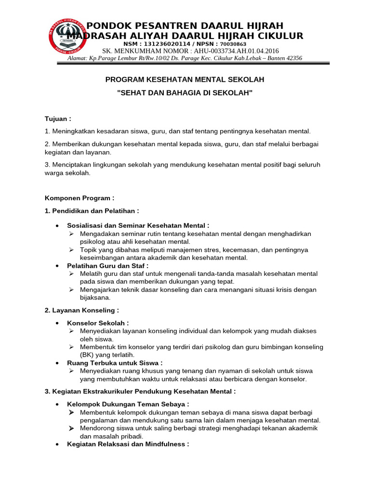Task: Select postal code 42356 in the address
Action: coord(293,58)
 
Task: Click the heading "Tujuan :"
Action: coord(58,118)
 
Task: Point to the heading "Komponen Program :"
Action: coord(79,198)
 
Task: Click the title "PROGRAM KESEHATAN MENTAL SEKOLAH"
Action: coord(185,79)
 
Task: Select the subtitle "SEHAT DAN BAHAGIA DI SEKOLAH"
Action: coord(185,92)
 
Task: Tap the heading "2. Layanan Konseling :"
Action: coord(81,311)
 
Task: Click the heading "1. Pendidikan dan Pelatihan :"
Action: coord(92,211)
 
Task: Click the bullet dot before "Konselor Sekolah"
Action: coord(57,323)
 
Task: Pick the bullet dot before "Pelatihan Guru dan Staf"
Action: coord(57,266)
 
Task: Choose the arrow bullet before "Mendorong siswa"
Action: coord(71,428)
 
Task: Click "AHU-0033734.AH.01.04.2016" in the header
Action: coord(235,51)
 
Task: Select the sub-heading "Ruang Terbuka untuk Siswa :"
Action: coord(115,363)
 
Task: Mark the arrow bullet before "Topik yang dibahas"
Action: coord(71,250)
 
